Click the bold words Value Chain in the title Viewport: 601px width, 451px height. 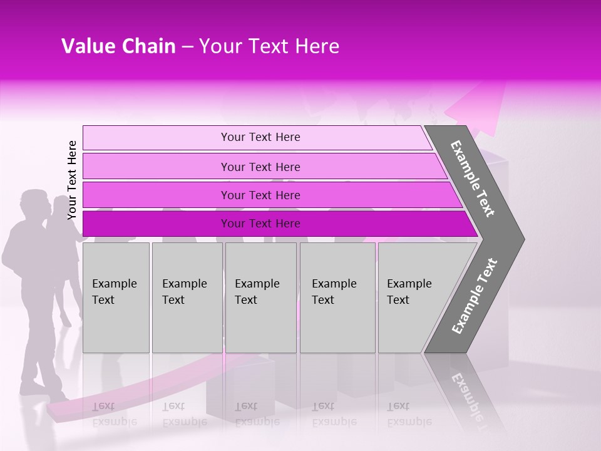point(118,46)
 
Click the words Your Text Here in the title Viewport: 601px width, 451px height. point(269,46)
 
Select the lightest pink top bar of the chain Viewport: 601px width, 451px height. point(260,137)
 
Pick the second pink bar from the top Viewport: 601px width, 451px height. point(260,167)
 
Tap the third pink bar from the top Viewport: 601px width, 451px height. point(260,195)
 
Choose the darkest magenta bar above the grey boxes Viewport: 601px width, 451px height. point(260,224)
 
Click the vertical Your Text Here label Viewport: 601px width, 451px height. point(72,180)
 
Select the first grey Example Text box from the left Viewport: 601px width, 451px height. point(116,298)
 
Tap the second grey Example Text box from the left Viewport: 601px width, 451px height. point(187,298)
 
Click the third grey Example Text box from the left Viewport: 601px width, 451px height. point(260,298)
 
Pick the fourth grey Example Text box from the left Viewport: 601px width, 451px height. point(337,298)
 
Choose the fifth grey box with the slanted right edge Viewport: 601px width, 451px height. point(416,298)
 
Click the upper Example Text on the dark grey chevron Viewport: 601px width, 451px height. point(473,179)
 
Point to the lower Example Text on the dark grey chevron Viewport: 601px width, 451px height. point(475,296)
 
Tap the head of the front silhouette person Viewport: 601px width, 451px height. point(33,204)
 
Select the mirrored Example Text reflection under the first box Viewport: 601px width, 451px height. point(114,414)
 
